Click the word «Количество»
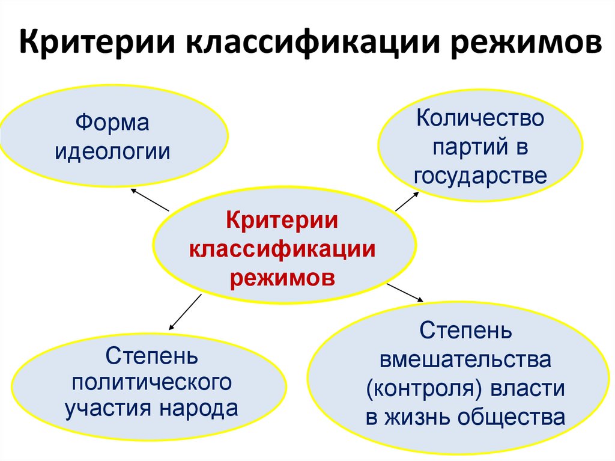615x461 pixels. tap(480, 118)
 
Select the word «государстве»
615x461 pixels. tap(480, 176)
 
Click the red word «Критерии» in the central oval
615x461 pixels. tap(282, 220)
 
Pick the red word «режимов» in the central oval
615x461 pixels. tap(282, 278)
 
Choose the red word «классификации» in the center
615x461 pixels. tap(282, 249)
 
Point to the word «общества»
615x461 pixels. tap(513, 417)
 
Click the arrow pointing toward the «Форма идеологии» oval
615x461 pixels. tap(150, 200)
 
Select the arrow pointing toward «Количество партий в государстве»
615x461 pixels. tap(408, 201)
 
